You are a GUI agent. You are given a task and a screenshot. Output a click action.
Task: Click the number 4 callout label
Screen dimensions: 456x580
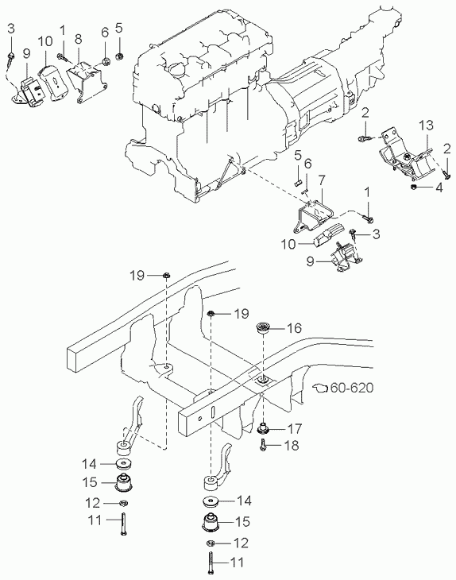click(439, 188)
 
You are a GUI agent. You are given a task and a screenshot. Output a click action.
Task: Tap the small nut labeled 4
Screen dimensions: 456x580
click(415, 187)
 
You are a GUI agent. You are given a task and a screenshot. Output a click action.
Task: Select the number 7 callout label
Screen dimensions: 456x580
click(322, 180)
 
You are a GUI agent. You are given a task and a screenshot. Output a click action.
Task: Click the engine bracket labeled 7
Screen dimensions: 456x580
click(315, 215)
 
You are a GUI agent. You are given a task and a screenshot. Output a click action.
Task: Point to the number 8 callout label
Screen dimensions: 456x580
click(78, 39)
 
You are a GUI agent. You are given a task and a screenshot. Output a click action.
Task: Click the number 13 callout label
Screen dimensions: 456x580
click(426, 125)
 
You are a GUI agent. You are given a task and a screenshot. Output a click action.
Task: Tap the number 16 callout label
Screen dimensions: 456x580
click(294, 328)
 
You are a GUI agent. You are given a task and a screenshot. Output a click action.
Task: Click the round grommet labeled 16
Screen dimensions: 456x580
click(263, 327)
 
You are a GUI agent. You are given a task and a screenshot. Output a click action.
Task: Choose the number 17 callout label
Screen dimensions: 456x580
click(295, 429)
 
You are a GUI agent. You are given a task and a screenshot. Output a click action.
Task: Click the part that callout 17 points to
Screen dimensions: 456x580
click(263, 428)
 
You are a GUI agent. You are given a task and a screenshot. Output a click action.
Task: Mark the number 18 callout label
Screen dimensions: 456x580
click(292, 445)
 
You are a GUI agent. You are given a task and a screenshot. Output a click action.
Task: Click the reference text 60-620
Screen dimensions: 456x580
click(352, 388)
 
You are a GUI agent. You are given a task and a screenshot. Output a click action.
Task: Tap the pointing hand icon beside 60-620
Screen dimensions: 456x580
click(320, 387)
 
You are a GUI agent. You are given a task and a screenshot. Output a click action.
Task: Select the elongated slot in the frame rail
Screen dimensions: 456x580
click(213, 413)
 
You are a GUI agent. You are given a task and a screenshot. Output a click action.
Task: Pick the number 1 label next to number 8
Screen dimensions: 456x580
click(63, 31)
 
